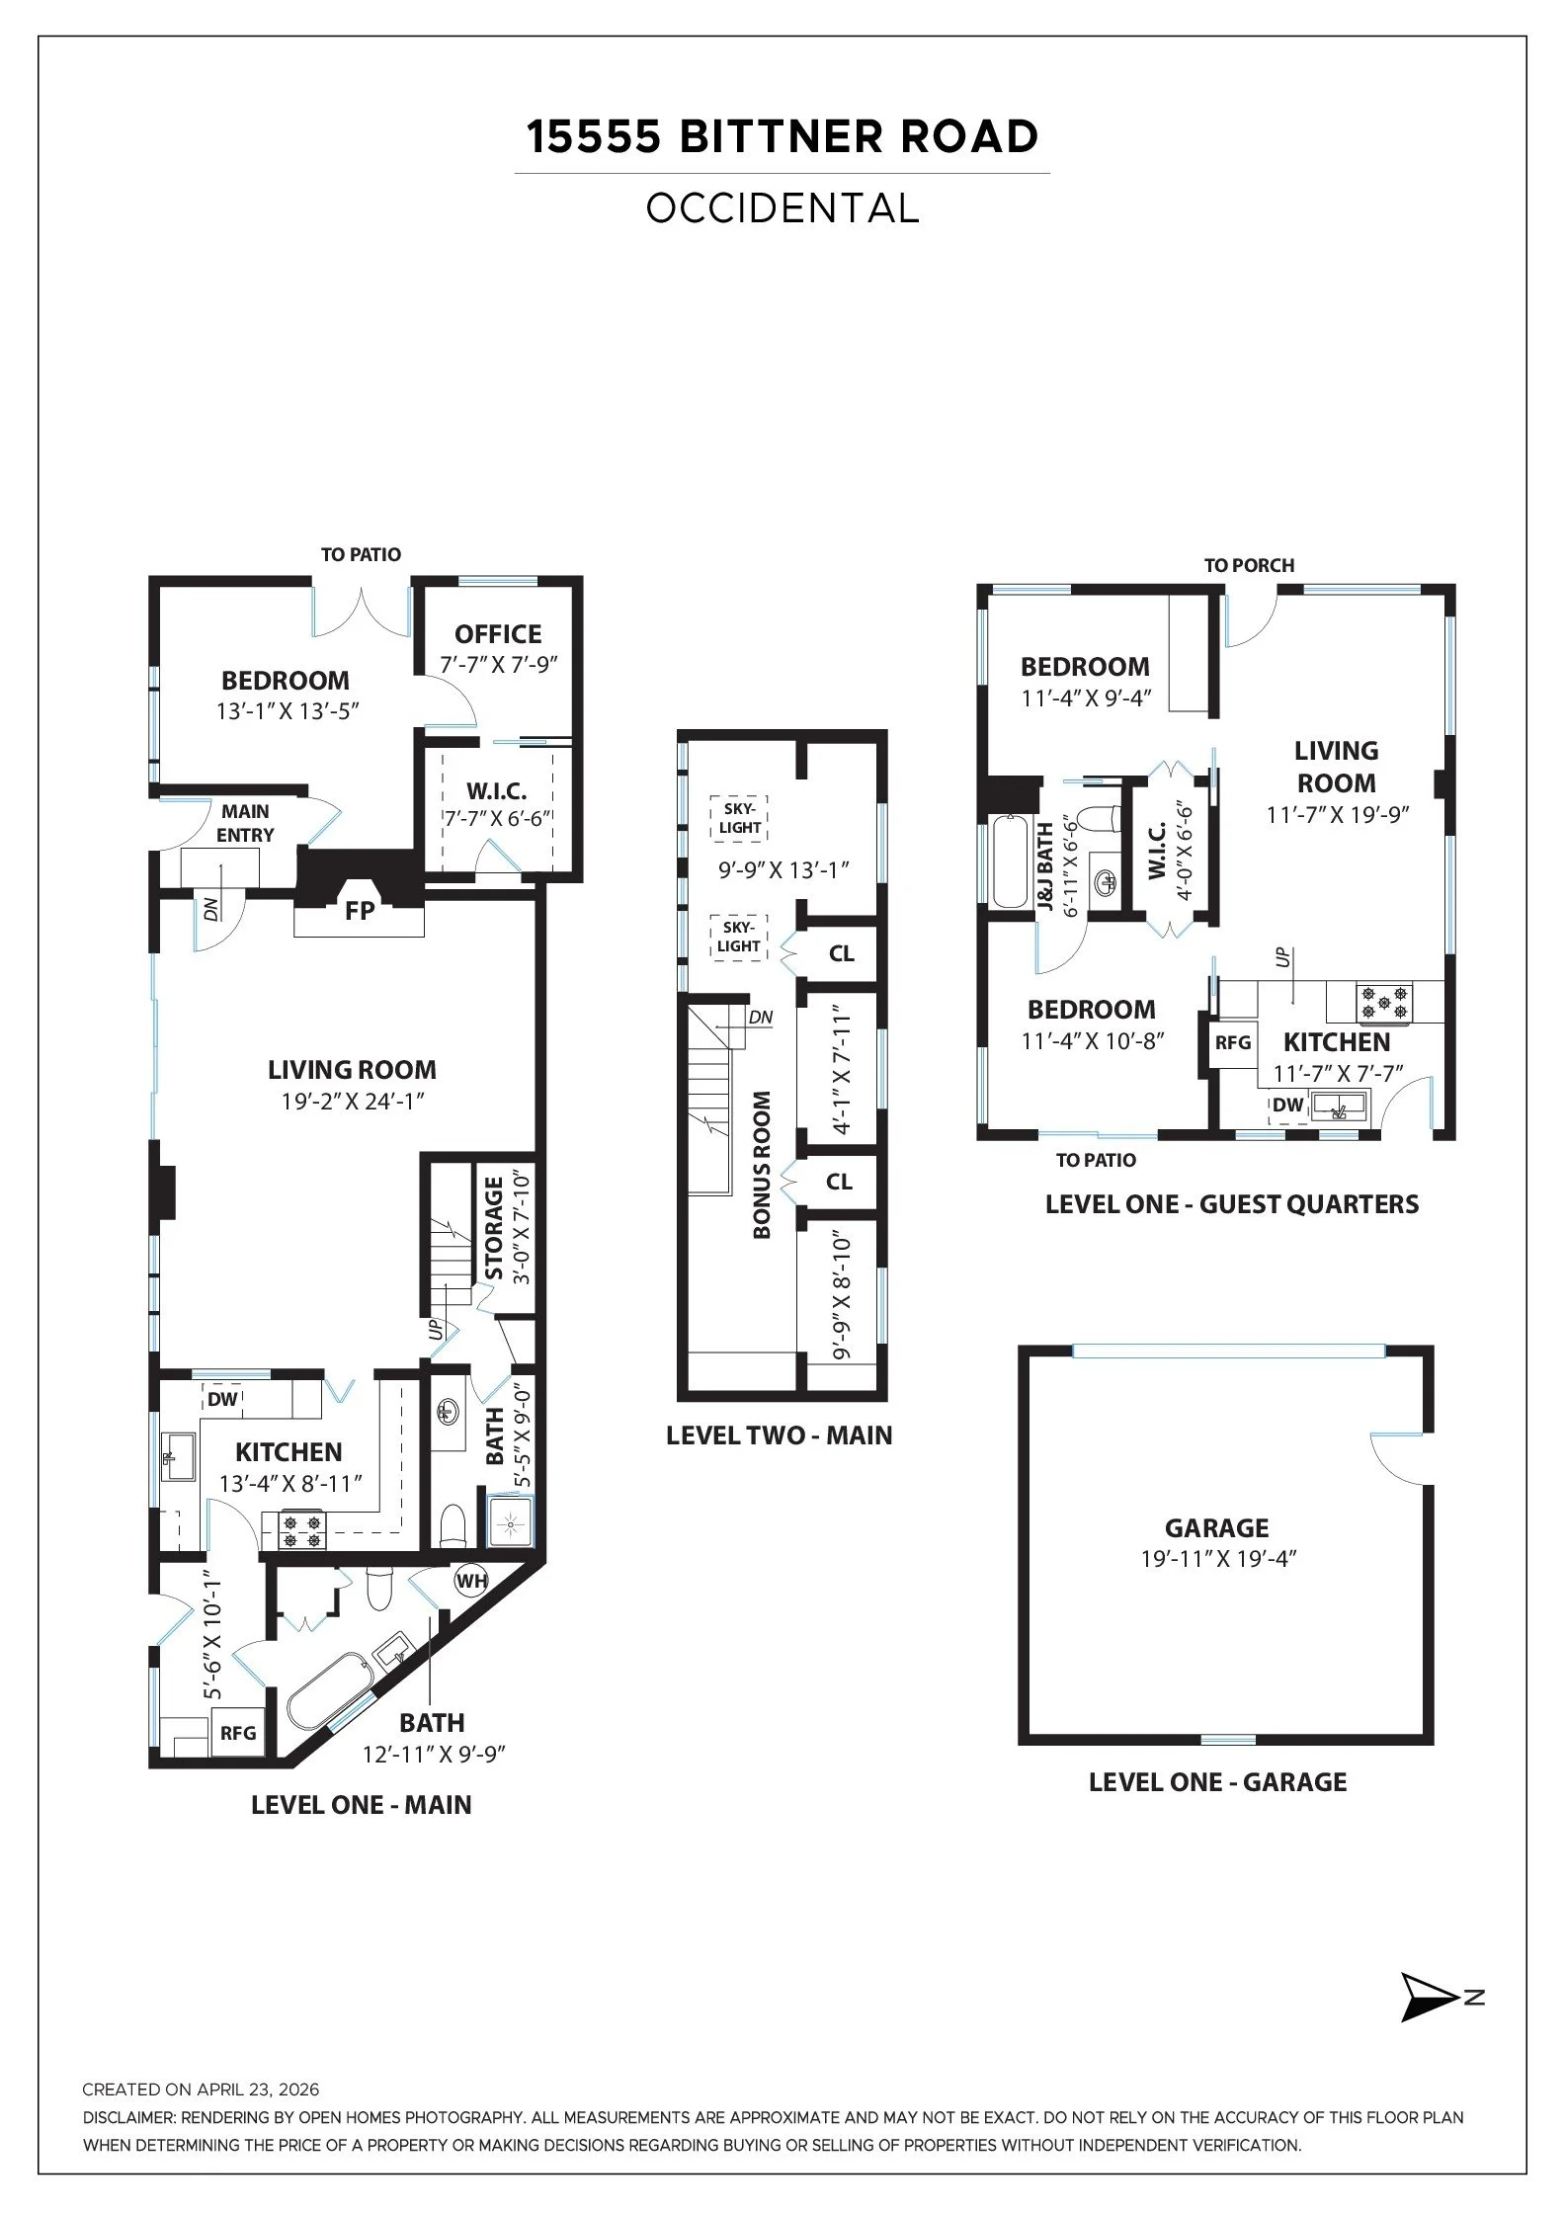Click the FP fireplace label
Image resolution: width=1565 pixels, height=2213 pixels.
click(x=360, y=910)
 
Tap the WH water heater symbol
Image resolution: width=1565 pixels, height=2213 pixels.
click(x=471, y=1581)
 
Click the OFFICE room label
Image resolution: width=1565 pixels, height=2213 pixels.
click(x=498, y=634)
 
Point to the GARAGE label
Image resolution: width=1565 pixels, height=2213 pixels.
click(x=1216, y=1528)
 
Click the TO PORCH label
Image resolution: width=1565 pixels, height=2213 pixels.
click(x=1249, y=565)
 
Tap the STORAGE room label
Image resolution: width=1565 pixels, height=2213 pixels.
click(x=494, y=1228)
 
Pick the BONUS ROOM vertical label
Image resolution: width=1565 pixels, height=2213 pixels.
click(x=761, y=1165)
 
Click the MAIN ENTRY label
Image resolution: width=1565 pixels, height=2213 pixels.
click(x=245, y=823)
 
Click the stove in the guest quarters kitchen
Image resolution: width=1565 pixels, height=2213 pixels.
click(x=1383, y=1003)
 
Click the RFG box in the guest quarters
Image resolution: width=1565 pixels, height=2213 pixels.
click(x=1233, y=1042)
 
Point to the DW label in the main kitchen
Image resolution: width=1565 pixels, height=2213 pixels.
click(x=223, y=1400)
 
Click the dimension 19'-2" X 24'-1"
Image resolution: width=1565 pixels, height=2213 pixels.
click(x=352, y=1102)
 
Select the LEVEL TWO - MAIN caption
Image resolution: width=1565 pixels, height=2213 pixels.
click(x=779, y=1435)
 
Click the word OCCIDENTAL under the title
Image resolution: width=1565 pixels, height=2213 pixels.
click(x=782, y=208)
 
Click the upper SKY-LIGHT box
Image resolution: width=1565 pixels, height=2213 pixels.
click(x=739, y=819)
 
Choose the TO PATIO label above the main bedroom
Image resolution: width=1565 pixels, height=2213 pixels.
click(x=361, y=555)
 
